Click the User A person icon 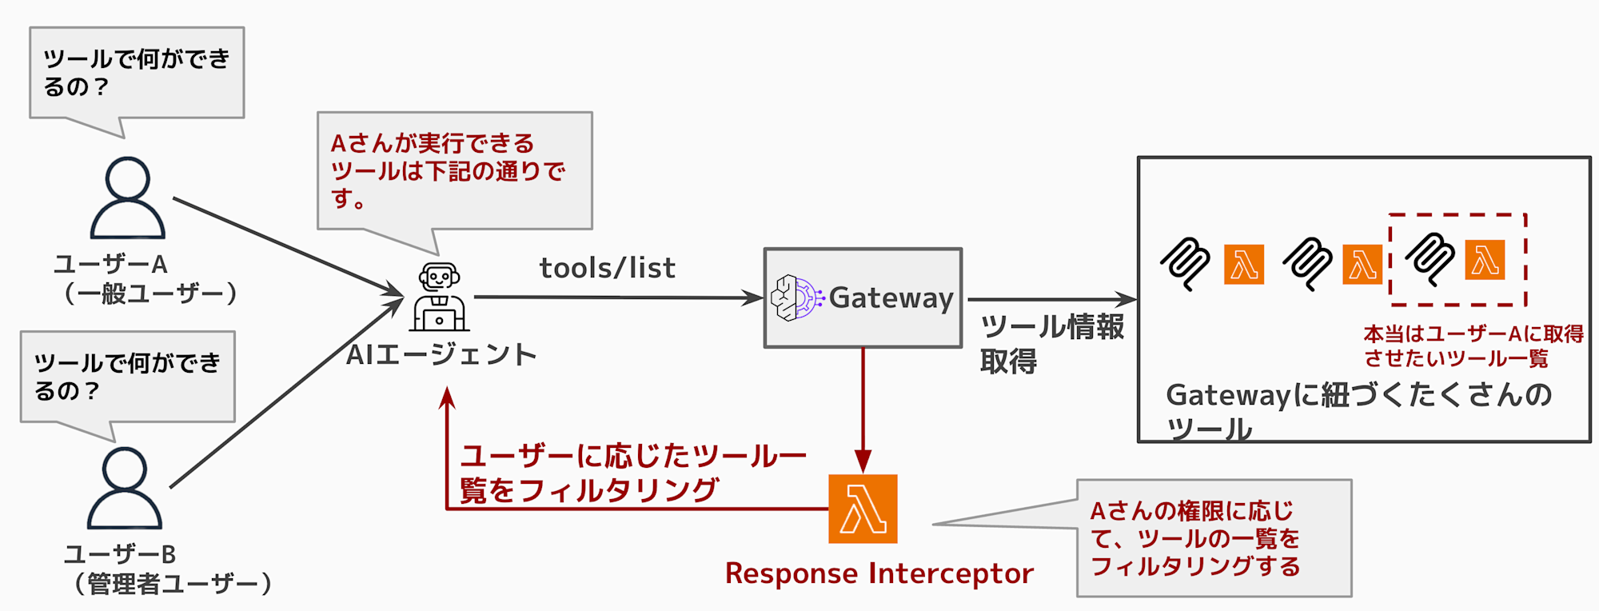pyautogui.click(x=128, y=198)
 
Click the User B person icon pyautogui.click(x=125, y=487)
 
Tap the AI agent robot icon pyautogui.click(x=440, y=297)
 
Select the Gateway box pyautogui.click(x=863, y=298)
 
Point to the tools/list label pyautogui.click(x=608, y=268)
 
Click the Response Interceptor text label pyautogui.click(x=879, y=573)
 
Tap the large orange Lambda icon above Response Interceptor pyautogui.click(x=863, y=509)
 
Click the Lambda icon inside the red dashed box pyautogui.click(x=1485, y=260)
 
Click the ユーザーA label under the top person pyautogui.click(x=110, y=264)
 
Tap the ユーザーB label pyautogui.click(x=120, y=553)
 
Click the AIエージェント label pyautogui.click(x=441, y=354)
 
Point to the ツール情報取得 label pyautogui.click(x=1052, y=344)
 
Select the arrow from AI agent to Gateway pyautogui.click(x=620, y=298)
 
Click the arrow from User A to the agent pyautogui.click(x=289, y=246)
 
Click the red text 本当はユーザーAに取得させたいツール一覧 pyautogui.click(x=1473, y=345)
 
